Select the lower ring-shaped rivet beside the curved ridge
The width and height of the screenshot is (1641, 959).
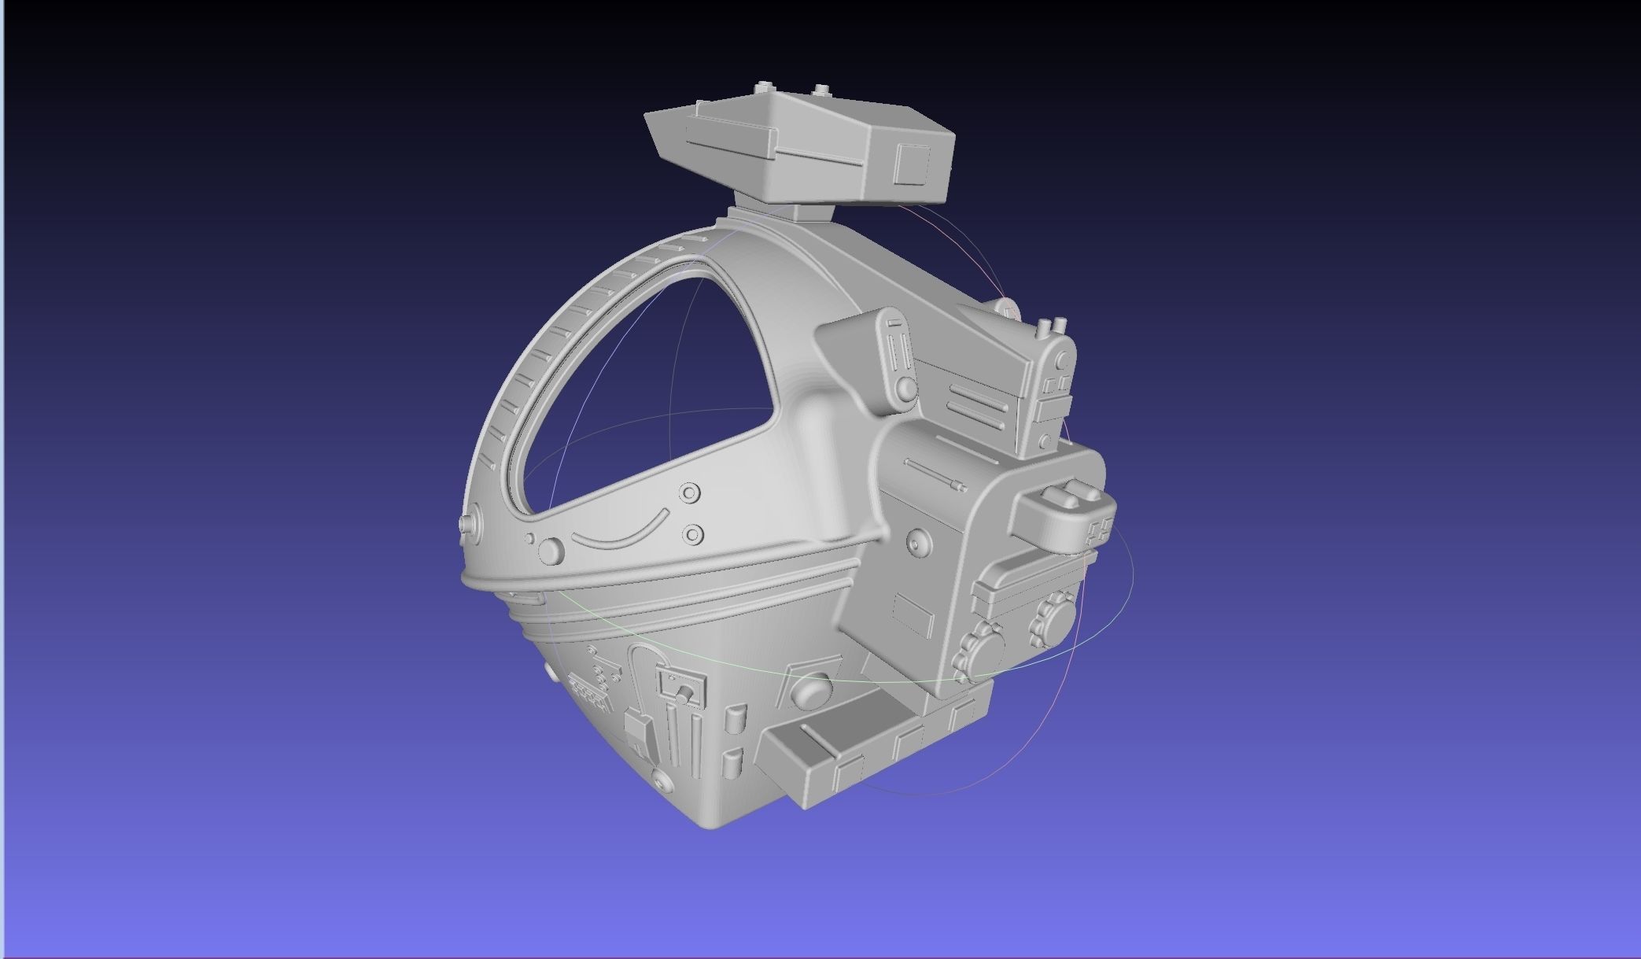tap(691, 535)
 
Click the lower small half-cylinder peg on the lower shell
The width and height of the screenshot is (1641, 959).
tap(732, 761)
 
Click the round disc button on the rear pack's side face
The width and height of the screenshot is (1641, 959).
tap(917, 542)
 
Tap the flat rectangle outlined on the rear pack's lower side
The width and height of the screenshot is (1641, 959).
tap(913, 614)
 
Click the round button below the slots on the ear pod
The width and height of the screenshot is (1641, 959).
tap(906, 388)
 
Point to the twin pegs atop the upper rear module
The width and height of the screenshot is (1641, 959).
tap(1053, 326)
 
